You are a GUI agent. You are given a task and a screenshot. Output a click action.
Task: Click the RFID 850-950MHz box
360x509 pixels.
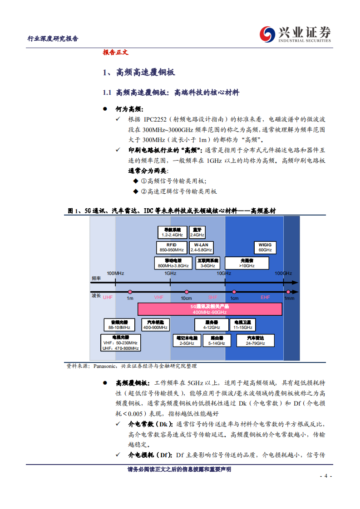172,247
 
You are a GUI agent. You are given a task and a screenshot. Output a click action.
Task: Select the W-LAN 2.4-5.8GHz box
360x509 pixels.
201,247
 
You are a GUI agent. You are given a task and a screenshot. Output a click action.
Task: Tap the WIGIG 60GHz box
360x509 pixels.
265,247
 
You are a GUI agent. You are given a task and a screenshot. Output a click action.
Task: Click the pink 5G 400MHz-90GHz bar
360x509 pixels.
210,309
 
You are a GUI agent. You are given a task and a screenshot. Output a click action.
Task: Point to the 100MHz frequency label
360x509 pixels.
115,273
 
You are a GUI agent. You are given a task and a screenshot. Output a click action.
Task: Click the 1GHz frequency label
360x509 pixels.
170,273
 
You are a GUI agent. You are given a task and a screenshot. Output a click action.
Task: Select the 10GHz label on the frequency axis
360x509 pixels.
224,273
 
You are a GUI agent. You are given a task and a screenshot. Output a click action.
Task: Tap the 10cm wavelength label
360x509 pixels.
186,298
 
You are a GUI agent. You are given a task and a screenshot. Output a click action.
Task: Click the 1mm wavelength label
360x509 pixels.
289,298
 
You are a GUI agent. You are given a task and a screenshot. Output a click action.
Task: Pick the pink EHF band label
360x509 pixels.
265,297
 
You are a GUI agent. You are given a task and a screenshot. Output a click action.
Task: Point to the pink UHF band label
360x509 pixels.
108,297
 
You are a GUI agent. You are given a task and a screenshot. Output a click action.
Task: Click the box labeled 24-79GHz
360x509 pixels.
255,341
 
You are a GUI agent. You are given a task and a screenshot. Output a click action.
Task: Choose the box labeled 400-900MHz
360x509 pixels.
156,324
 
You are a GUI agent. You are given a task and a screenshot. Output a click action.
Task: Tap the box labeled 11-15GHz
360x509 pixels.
243,324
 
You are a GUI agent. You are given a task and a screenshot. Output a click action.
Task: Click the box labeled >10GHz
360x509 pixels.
250,263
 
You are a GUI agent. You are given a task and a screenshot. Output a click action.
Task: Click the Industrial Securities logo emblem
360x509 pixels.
267,34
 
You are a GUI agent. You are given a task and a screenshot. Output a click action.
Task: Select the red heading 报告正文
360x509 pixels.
116,52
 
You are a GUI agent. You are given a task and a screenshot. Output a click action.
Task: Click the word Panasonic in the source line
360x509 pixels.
105,366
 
